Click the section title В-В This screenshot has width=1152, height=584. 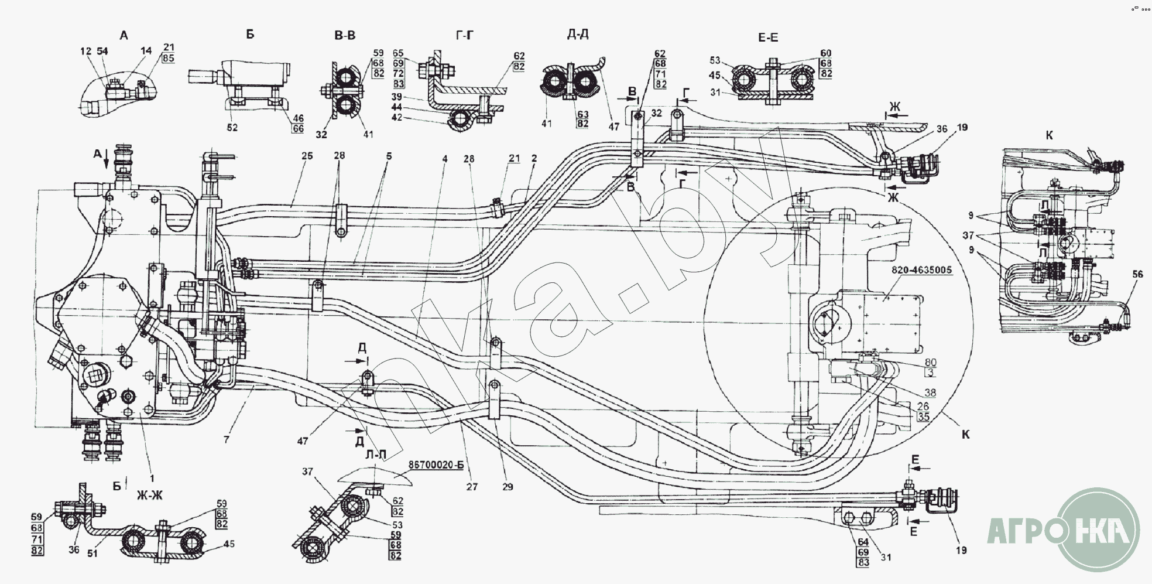(345, 36)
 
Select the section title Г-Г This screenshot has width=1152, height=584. (464, 36)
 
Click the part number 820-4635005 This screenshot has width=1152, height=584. (922, 271)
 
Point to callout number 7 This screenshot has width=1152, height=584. (227, 439)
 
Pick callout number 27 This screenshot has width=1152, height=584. (472, 487)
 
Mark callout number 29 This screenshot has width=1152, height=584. (508, 487)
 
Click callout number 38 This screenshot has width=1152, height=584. (930, 393)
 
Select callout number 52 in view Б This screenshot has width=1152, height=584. (232, 128)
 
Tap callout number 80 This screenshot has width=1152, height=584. (930, 363)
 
